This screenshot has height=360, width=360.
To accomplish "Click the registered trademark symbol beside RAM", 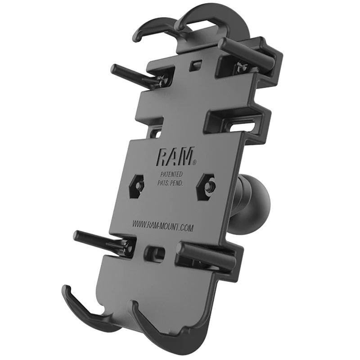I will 193,161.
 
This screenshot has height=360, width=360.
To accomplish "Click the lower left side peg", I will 96,238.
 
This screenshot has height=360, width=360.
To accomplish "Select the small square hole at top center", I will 194,64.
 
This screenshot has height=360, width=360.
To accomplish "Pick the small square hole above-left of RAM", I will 156,133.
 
